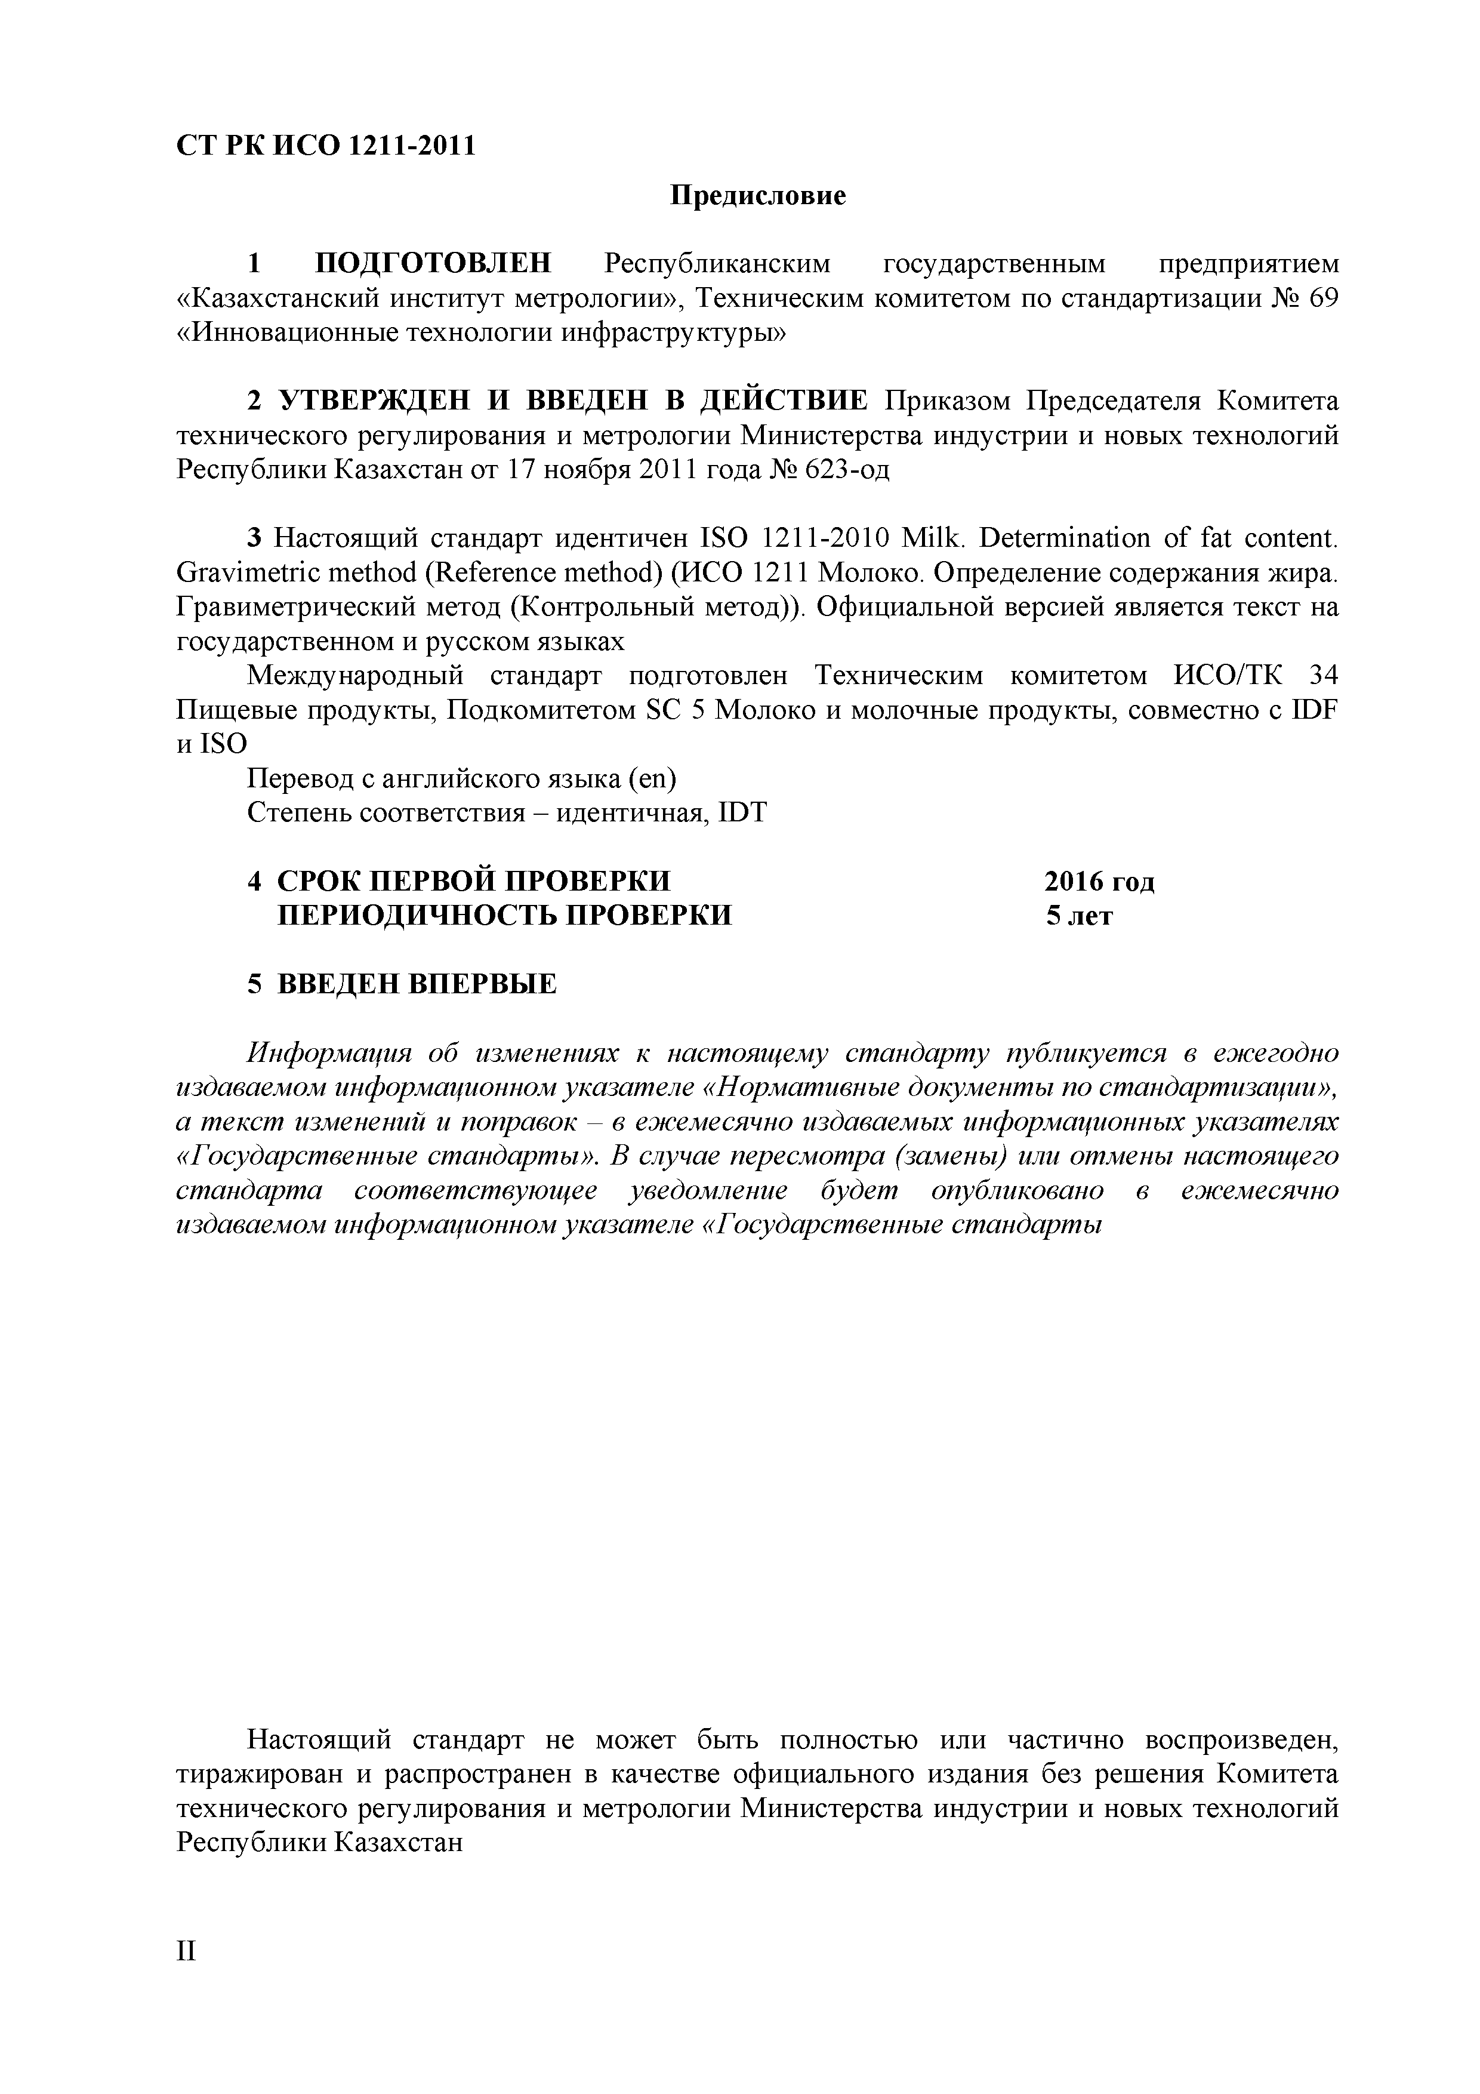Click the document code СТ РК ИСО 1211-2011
pos(326,146)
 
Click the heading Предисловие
pos(758,195)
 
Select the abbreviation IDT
pos(743,812)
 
